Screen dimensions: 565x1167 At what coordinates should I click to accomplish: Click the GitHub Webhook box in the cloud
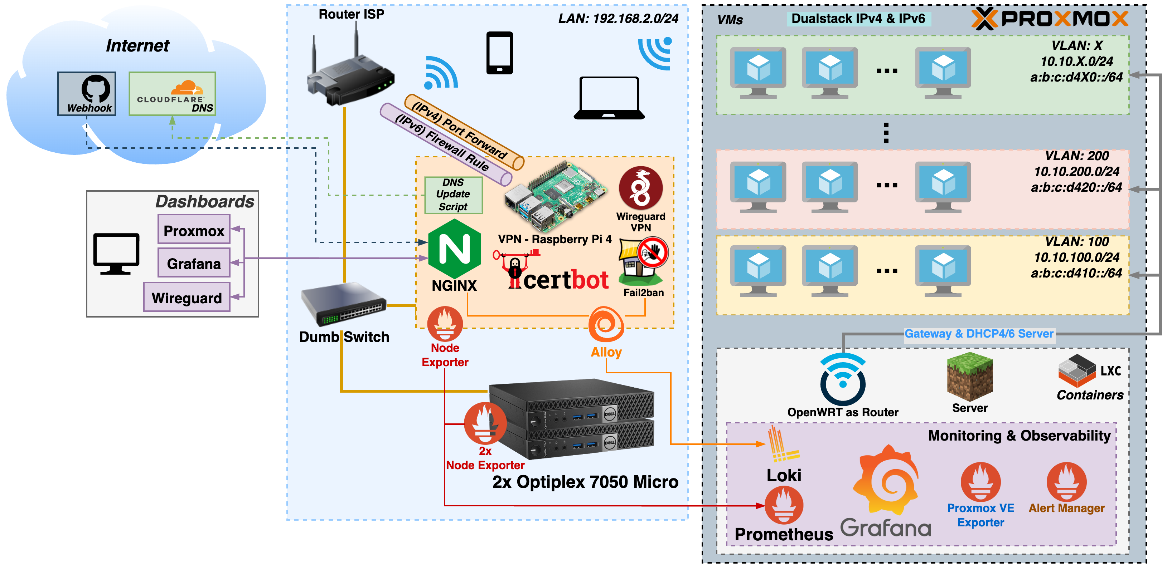(x=87, y=93)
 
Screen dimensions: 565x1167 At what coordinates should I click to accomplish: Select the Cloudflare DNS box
(x=172, y=93)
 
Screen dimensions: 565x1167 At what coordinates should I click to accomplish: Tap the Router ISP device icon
(x=349, y=73)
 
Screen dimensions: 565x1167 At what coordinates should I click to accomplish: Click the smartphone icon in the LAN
(x=499, y=53)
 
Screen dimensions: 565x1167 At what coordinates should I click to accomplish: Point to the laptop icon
(x=609, y=98)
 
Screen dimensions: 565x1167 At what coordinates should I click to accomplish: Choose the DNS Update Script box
(x=454, y=195)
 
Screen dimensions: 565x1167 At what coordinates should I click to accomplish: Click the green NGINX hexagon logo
(x=454, y=249)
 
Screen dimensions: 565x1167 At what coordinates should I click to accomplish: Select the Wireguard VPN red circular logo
(x=640, y=188)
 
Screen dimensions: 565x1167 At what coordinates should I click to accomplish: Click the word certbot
(x=566, y=280)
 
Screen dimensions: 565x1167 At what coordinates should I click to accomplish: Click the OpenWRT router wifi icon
(x=842, y=379)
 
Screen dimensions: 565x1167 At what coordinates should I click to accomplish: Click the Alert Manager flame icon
(x=1066, y=481)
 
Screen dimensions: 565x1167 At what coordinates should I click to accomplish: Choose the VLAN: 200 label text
(x=1076, y=156)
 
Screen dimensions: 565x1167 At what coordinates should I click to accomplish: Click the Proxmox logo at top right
(x=1050, y=19)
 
